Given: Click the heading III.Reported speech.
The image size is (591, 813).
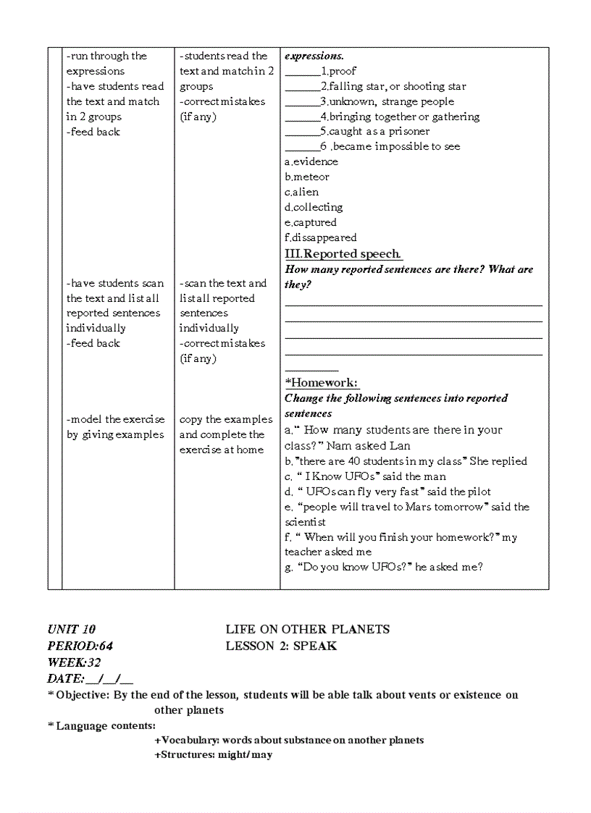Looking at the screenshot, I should [x=343, y=253].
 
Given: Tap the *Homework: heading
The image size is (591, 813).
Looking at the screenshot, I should [x=322, y=382].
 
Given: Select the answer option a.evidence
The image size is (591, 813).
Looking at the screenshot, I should [x=311, y=161].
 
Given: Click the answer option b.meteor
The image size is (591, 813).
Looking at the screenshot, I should [x=307, y=177].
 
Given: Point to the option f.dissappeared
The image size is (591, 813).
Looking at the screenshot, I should [x=321, y=237].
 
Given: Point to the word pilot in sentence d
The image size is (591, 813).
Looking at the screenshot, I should [x=479, y=492].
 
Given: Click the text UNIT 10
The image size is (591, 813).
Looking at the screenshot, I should [x=72, y=629].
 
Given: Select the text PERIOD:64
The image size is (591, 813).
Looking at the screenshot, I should [x=80, y=645].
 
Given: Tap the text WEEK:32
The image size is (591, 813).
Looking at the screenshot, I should [x=75, y=662].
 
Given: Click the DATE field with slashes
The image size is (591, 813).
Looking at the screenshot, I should [x=91, y=678].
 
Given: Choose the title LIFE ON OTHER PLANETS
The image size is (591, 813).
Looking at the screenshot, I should [x=307, y=629].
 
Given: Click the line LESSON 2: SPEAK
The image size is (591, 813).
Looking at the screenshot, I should [x=281, y=645].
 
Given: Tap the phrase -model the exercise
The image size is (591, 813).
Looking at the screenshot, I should [x=115, y=419].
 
